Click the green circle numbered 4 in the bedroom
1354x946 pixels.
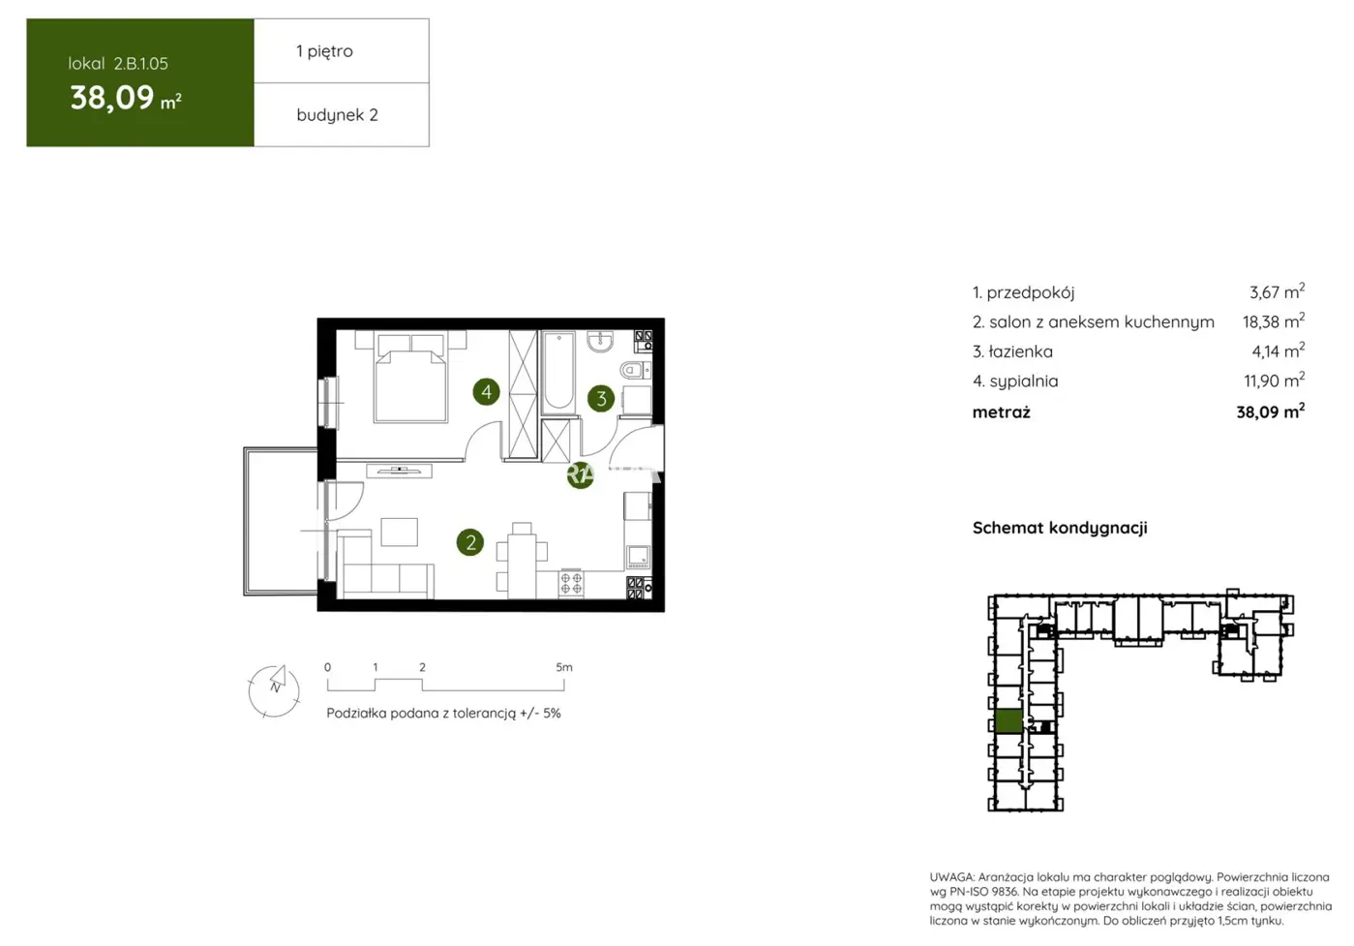[486, 392]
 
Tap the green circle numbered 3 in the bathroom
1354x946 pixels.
[601, 398]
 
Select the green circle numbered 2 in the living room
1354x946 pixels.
[470, 542]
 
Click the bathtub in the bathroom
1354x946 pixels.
[558, 372]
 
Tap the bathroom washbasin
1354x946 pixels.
[600, 341]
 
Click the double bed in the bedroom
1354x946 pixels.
[411, 381]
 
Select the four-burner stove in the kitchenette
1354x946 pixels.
[571, 583]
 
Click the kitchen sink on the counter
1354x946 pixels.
[638, 557]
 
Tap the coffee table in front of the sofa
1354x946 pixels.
[399, 532]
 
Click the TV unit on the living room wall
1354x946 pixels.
[399, 472]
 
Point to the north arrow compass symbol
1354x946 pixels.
[274, 688]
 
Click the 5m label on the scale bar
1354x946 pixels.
[564, 667]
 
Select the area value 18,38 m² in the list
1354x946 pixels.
[1273, 321]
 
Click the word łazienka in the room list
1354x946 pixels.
[1020, 351]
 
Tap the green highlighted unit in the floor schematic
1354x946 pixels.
[1008, 720]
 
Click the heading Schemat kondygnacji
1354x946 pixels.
[1060, 528]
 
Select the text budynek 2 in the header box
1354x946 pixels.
[337, 114]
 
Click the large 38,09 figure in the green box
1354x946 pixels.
[112, 98]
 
